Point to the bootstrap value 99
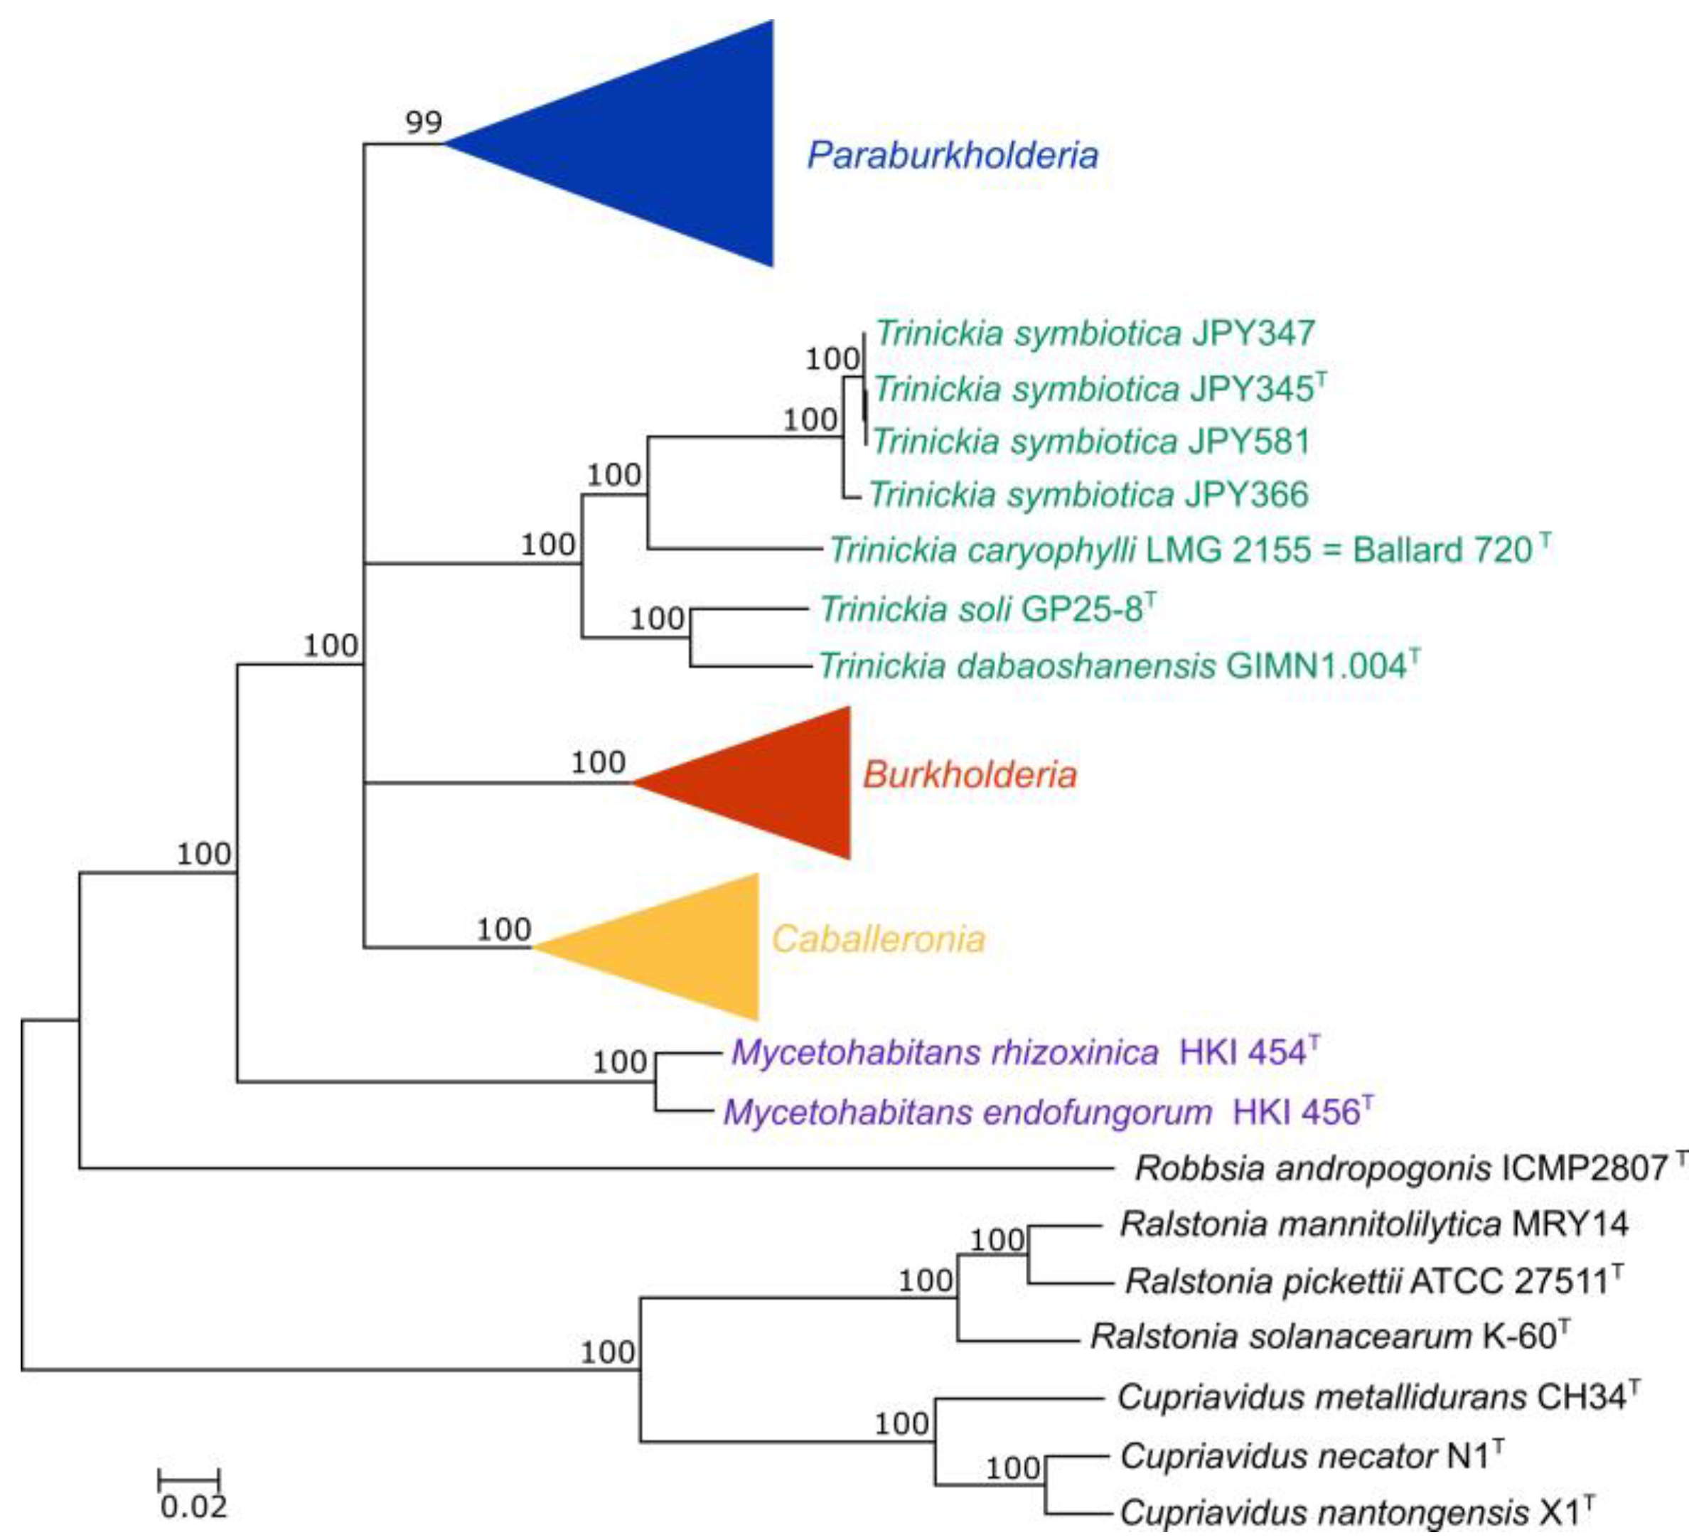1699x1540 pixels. (x=423, y=123)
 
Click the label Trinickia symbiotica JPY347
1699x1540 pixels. (x=1094, y=333)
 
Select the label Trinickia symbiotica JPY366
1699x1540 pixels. (x=1087, y=495)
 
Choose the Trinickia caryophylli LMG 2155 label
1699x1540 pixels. (x=1189, y=550)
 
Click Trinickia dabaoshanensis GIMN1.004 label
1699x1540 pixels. (x=1118, y=666)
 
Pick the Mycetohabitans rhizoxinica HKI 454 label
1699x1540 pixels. (x=1023, y=1053)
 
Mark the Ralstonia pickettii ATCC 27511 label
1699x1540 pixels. (x=1373, y=1282)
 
